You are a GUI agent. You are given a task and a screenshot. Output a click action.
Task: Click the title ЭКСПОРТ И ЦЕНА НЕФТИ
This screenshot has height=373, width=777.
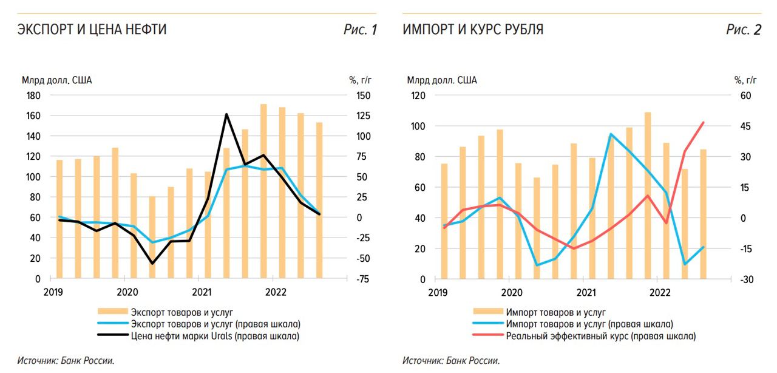[92, 29]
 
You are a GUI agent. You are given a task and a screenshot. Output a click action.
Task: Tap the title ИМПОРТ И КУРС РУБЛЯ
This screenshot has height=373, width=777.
[473, 29]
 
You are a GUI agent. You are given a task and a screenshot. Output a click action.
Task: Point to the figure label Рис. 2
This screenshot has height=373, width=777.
[744, 30]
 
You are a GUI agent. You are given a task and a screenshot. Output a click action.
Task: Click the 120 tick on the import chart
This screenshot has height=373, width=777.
[418, 95]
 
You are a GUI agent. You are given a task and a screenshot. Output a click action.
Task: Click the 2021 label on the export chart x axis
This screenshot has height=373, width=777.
[201, 292]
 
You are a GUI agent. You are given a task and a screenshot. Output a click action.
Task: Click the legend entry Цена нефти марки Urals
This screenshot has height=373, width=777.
[215, 335]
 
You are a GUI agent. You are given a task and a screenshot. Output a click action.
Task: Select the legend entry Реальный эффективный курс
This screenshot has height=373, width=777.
[600, 335]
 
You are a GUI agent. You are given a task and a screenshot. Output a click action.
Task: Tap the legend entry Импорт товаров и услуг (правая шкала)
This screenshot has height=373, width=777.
[589, 324]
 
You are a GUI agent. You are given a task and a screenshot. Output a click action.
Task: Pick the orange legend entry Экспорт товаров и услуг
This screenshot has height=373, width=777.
[182, 312]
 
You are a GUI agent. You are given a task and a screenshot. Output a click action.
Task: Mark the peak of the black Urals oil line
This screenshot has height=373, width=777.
[226, 114]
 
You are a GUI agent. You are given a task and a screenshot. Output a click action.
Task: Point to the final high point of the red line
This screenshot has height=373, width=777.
[703, 122]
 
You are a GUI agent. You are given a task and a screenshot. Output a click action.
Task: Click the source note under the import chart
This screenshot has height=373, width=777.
[451, 361]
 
